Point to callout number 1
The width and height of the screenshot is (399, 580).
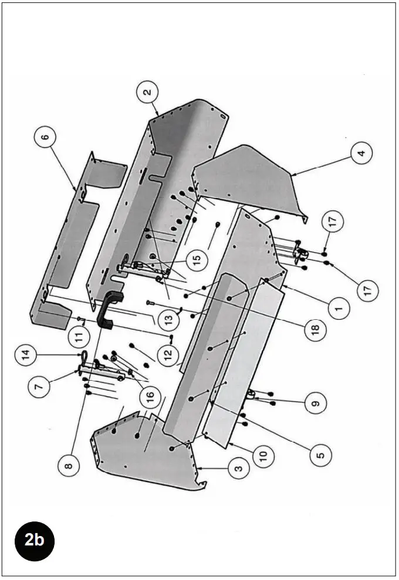pos(339,307)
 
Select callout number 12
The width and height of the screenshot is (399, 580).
pos(168,357)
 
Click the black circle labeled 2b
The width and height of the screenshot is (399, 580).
pos(35,540)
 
